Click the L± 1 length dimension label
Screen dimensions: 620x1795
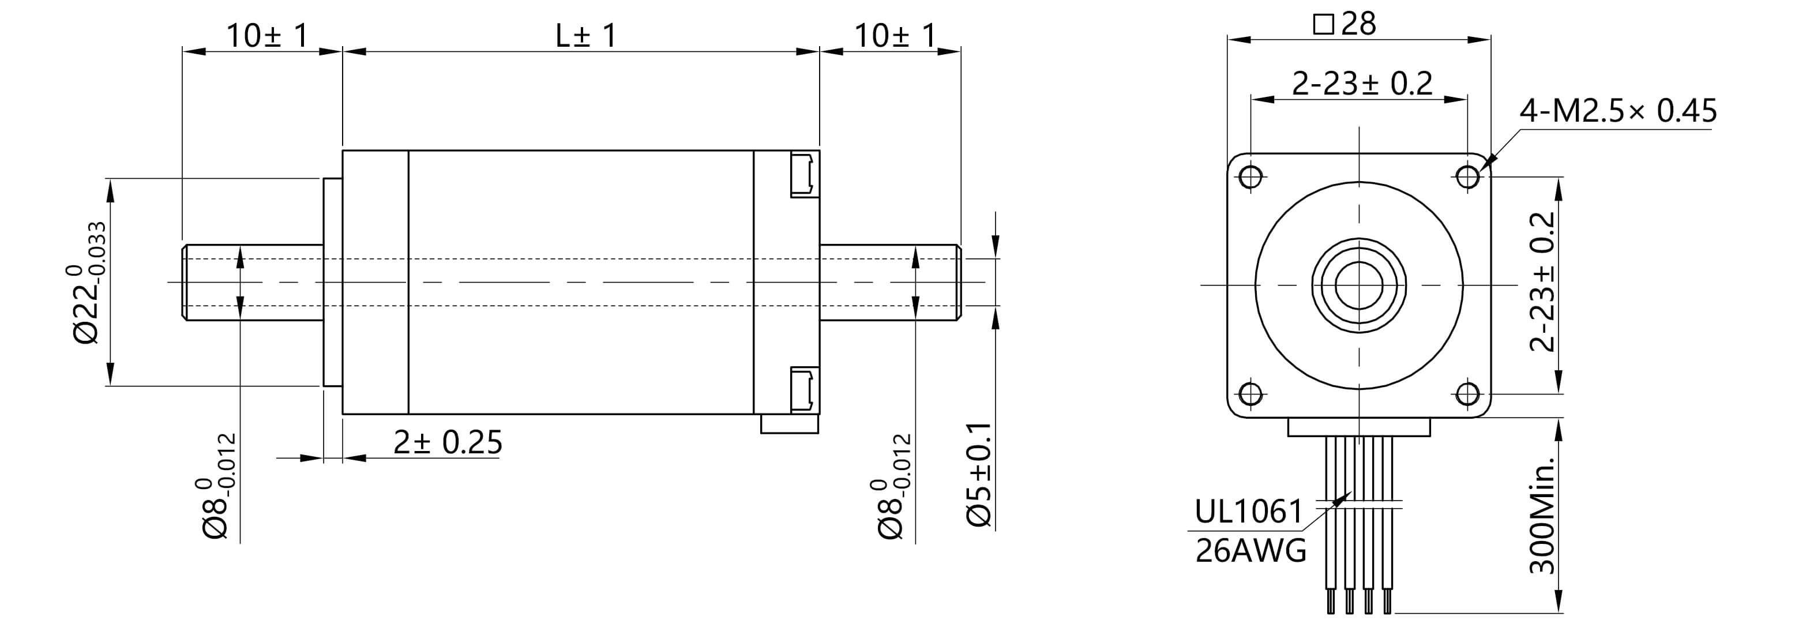click(585, 36)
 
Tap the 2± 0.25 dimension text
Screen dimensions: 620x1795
click(448, 442)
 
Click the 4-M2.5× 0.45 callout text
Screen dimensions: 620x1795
click(1618, 111)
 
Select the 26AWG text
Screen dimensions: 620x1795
click(1251, 551)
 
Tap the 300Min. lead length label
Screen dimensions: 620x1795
click(1542, 516)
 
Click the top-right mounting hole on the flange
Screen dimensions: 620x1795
click(1467, 176)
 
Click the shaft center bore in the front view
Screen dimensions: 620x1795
click(1359, 285)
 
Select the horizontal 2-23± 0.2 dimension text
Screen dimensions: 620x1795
click(1362, 84)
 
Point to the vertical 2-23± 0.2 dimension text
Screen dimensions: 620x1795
click(1542, 282)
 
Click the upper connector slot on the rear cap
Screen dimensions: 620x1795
click(803, 174)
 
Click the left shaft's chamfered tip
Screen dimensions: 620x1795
click(185, 282)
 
